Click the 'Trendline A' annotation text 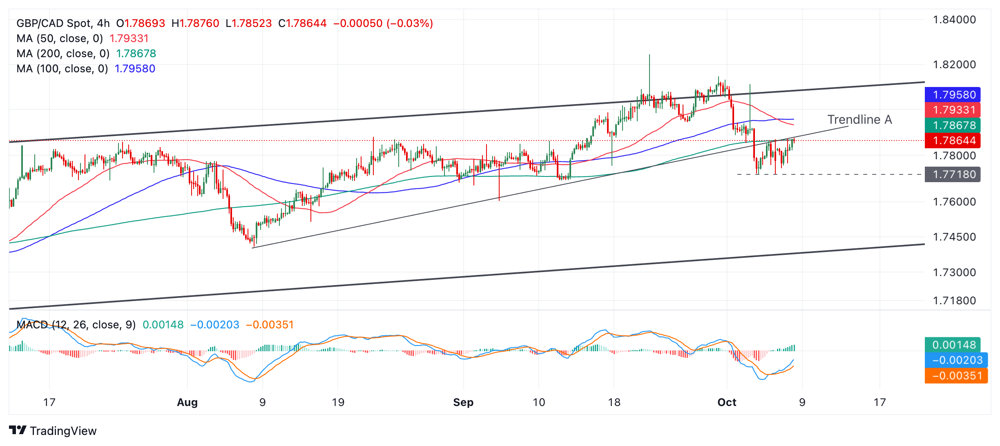pos(859,120)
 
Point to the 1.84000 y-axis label pos(954,20)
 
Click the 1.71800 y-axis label pos(954,301)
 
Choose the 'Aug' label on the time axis pos(187,402)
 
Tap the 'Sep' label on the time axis pos(463,402)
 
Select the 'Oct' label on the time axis pos(727,402)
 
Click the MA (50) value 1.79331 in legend pos(129,38)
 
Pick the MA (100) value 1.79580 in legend pos(135,69)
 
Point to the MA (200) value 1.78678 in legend pos(136,54)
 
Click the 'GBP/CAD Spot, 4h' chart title pos(63,23)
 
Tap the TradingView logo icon pos(18,430)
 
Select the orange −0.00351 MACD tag pos(956,376)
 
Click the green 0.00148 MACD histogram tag pos(953,345)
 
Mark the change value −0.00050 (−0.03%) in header pos(383,23)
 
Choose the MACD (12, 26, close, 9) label pos(76,325)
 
